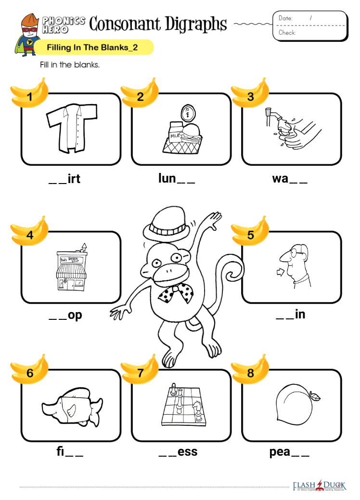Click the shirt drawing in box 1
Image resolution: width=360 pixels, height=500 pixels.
(x=72, y=128)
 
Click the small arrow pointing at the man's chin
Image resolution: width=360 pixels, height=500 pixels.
(x=281, y=272)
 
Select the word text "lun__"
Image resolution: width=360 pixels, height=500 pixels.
(x=177, y=178)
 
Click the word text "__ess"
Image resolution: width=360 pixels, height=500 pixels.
(x=178, y=451)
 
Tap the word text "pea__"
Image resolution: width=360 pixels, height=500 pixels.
(x=289, y=452)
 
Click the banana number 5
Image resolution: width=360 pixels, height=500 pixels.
(x=251, y=231)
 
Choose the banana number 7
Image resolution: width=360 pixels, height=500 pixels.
(x=140, y=369)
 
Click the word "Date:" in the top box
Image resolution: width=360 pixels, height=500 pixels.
(x=285, y=18)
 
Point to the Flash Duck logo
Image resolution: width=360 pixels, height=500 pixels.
(x=319, y=486)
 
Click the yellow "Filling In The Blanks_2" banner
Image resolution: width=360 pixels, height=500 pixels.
(x=93, y=48)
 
